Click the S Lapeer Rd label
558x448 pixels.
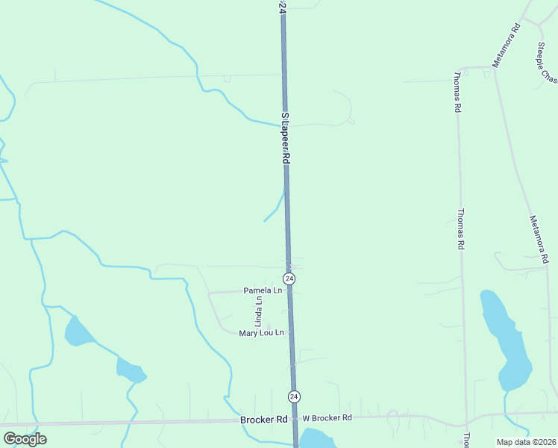(x=284, y=139)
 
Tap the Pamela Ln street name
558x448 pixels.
(x=263, y=290)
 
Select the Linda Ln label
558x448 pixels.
(x=258, y=312)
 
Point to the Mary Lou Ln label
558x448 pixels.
(x=262, y=333)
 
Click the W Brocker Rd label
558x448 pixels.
(x=327, y=418)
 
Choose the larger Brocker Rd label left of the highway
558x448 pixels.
(x=264, y=420)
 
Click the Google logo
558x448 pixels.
(x=25, y=439)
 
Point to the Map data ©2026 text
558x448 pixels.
(x=527, y=442)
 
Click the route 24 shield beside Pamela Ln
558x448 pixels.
(x=289, y=279)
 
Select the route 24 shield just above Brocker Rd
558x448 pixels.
(x=294, y=396)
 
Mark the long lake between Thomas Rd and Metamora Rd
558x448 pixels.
(x=505, y=340)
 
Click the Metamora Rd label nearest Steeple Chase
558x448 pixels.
(x=506, y=46)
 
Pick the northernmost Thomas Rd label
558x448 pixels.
(x=457, y=93)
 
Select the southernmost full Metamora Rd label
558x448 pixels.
(x=539, y=239)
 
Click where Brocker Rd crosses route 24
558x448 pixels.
(x=295, y=419)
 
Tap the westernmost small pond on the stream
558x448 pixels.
(x=78, y=331)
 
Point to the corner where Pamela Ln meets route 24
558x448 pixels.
(x=290, y=291)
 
